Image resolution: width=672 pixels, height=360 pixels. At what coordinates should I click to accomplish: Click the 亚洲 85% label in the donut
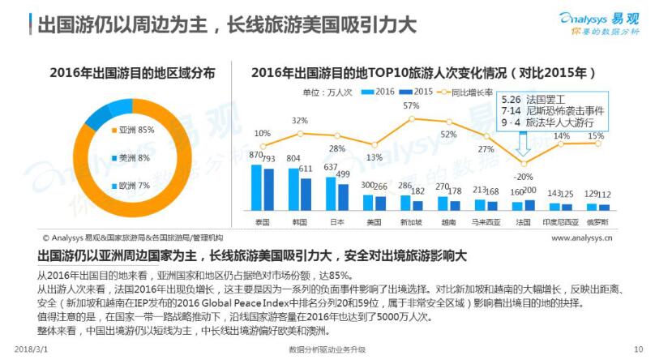[x=135, y=129]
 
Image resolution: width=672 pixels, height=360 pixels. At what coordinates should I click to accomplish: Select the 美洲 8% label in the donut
[x=132, y=157]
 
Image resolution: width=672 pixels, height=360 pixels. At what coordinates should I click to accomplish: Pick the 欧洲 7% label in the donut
[x=132, y=186]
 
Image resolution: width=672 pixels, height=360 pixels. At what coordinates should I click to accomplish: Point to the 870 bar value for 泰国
[x=256, y=155]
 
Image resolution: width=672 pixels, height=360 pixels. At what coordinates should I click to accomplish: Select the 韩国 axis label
[x=300, y=220]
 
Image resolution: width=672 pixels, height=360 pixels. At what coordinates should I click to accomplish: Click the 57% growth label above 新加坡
[x=411, y=106]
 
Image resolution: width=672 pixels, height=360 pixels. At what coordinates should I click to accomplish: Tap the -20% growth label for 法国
[x=524, y=176]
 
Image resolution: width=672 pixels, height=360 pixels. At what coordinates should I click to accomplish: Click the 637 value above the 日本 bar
[x=331, y=168]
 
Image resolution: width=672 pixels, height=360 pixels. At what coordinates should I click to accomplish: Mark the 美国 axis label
[x=374, y=220]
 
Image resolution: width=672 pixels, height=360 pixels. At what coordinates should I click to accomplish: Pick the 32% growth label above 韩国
[x=300, y=121]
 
